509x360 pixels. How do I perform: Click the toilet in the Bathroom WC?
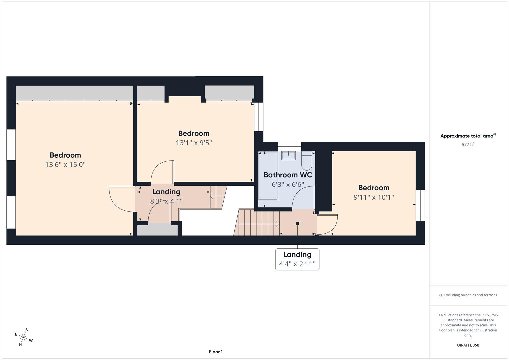click(306, 161)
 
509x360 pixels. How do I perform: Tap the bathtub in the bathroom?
click(268, 175)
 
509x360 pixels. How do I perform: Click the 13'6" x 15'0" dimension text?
click(65, 165)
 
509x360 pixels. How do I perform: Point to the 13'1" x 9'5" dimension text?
click(194, 143)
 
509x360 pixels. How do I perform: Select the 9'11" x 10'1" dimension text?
click(374, 197)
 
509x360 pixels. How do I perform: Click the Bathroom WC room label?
click(288, 175)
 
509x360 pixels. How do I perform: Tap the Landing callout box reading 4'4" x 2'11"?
click(297, 259)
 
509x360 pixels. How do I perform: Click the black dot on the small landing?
click(297, 223)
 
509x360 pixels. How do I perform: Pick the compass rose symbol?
click(24, 337)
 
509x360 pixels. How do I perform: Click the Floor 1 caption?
click(216, 352)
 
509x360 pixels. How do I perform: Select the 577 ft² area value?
click(468, 145)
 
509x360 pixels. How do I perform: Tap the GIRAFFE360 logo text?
click(468, 345)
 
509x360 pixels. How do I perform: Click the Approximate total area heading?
click(468, 136)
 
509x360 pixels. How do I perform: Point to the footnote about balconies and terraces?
click(468, 295)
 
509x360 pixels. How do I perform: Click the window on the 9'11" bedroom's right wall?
click(420, 205)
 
